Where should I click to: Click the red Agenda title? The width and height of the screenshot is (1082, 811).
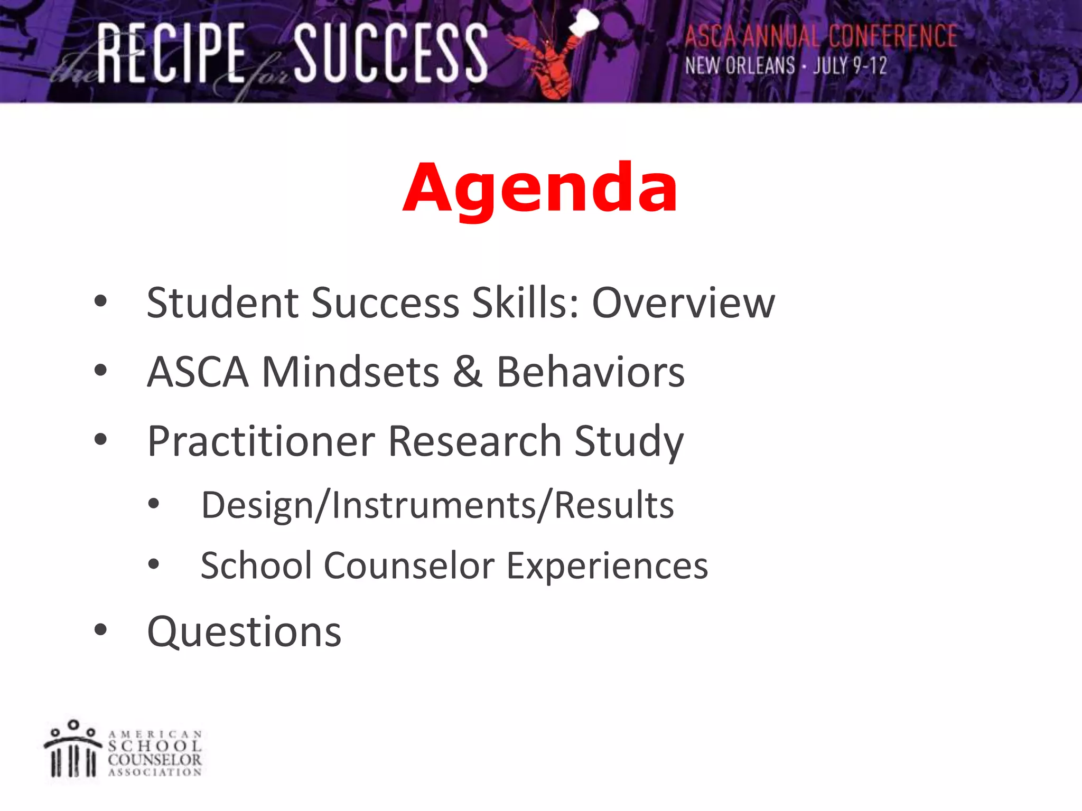[x=540, y=188]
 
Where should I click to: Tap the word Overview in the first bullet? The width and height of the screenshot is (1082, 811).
[x=683, y=303]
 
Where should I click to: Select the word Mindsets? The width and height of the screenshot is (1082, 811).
[x=350, y=372]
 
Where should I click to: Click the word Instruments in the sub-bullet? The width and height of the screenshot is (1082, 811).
[x=434, y=505]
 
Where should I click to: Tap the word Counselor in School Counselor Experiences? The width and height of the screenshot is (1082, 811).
[x=409, y=565]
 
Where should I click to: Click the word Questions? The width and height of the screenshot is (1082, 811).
[x=244, y=632]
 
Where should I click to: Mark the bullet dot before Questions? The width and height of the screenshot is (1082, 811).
[x=100, y=630]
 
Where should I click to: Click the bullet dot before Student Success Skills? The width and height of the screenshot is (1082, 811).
[x=100, y=301]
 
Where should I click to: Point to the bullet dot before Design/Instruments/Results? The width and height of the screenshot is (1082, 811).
[x=154, y=504]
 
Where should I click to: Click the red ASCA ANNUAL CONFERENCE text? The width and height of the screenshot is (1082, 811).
[x=820, y=37]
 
